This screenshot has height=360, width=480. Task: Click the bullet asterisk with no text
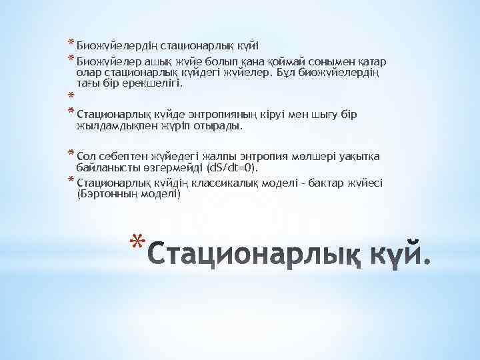(69, 96)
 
